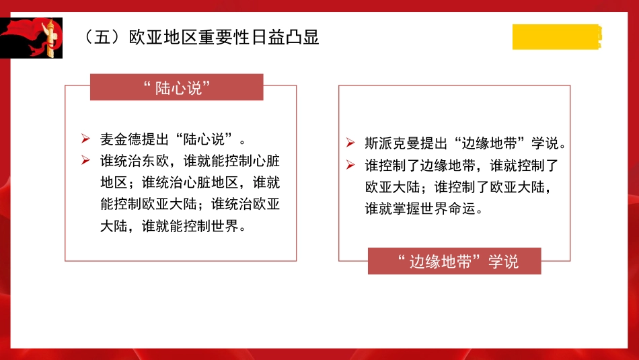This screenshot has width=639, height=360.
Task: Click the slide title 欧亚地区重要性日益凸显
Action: [224, 36]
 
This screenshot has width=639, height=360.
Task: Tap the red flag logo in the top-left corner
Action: [32, 38]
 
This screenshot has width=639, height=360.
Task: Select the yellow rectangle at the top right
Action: [556, 36]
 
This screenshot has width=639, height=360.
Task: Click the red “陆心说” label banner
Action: [177, 87]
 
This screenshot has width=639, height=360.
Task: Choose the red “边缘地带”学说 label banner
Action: [454, 261]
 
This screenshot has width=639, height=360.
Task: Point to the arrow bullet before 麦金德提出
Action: [85, 139]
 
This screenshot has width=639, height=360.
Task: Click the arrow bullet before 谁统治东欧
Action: [85, 161]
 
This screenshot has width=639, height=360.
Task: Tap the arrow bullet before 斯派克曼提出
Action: [350, 143]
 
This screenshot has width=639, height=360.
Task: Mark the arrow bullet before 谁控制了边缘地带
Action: [350, 165]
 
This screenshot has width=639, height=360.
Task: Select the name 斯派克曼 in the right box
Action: [393, 143]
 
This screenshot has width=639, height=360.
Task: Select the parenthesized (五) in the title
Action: [98, 36]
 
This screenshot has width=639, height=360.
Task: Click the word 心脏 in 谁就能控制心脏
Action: [267, 161]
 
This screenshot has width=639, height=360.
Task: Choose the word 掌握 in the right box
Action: [414, 209]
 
